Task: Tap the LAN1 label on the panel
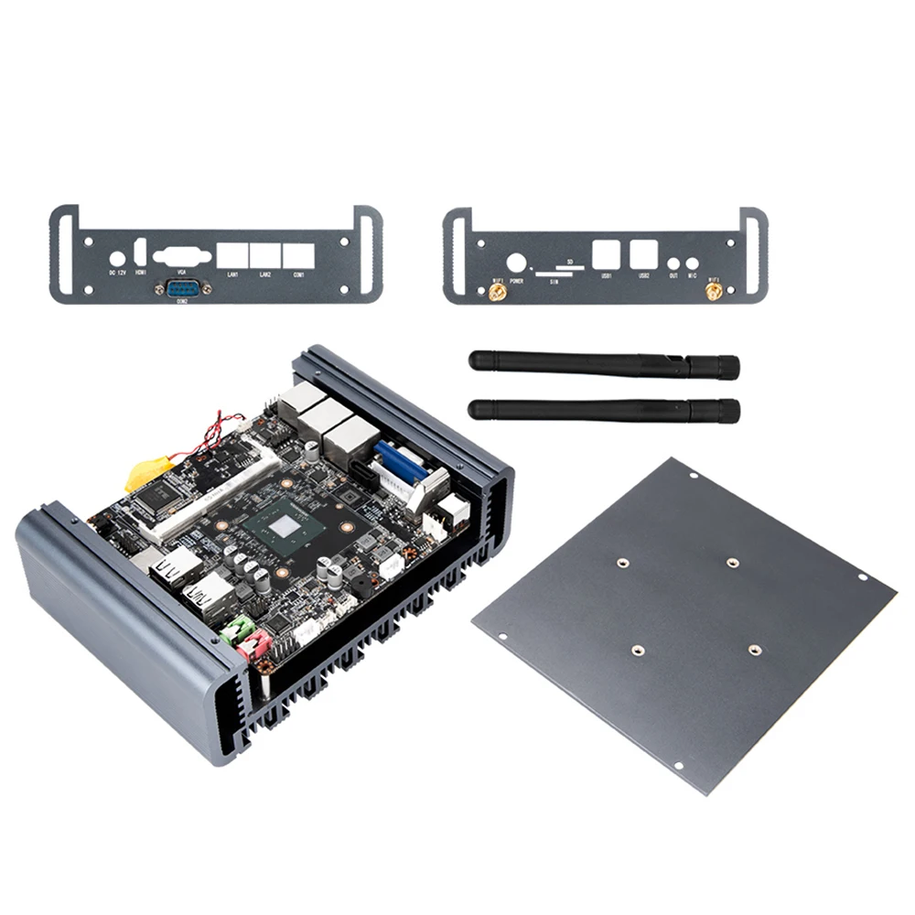[232, 274]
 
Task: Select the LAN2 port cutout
[265, 254]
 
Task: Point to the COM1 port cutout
[298, 254]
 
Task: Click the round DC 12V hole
[117, 258]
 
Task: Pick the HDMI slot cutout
[141, 252]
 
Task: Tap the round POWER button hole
[516, 262]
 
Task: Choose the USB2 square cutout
[643, 253]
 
